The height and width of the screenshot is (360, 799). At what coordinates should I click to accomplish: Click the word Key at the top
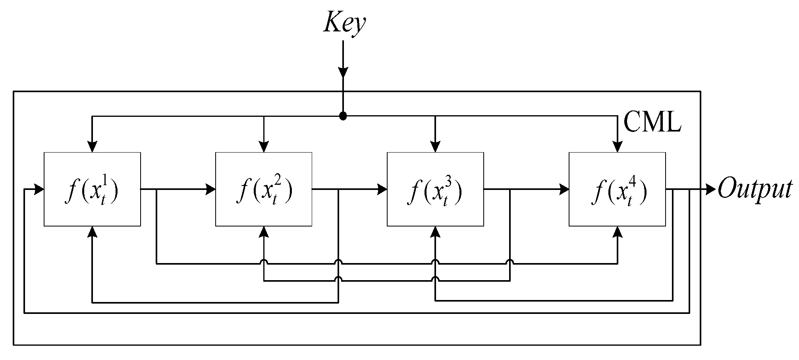click(x=344, y=23)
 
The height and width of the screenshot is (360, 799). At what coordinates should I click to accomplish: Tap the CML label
click(x=652, y=122)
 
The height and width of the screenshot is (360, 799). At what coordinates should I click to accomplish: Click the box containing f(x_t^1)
click(x=92, y=189)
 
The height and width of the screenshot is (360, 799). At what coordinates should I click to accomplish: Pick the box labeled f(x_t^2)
click(x=264, y=189)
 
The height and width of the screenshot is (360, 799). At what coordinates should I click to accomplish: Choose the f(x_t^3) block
click(x=435, y=189)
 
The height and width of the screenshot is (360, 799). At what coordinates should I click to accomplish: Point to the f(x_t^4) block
click(x=617, y=189)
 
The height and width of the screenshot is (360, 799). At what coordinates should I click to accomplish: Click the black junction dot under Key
click(x=343, y=116)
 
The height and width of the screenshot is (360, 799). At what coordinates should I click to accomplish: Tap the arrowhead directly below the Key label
click(x=343, y=72)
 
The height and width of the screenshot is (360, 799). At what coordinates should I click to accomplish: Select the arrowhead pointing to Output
click(x=711, y=189)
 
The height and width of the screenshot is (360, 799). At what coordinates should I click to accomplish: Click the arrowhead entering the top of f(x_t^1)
click(x=92, y=147)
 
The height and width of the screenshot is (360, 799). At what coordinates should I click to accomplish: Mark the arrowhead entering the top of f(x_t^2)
click(x=264, y=147)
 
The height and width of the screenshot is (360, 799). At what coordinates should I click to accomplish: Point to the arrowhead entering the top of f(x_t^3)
click(x=435, y=147)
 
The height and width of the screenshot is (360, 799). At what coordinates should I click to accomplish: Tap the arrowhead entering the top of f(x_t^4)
click(x=617, y=147)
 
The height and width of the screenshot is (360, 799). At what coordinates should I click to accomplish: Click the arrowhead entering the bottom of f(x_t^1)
click(x=92, y=232)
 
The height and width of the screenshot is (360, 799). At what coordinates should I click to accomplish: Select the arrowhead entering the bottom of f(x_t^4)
click(x=617, y=232)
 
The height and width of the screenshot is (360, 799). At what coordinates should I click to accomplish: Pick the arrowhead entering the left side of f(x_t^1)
click(x=39, y=189)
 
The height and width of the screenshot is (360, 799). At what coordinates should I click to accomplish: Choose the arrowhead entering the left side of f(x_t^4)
click(x=564, y=189)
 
